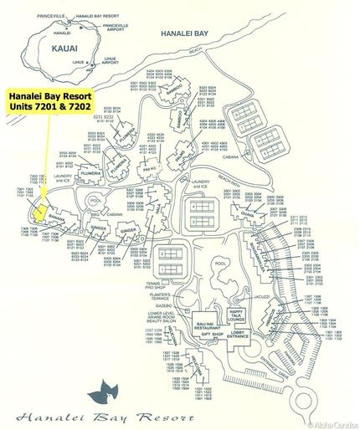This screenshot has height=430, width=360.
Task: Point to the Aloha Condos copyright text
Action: click(x=333, y=425)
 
